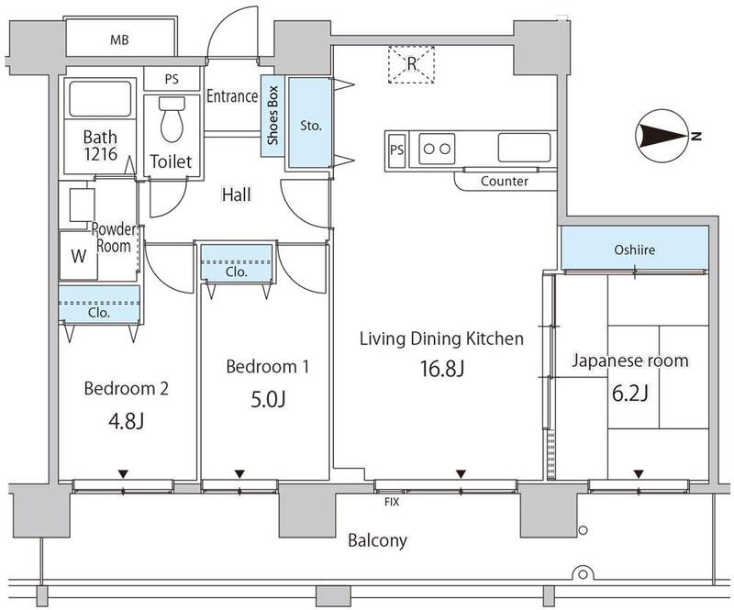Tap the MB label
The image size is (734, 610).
click(118, 39)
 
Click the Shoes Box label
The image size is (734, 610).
click(272, 117)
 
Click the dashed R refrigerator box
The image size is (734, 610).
click(412, 63)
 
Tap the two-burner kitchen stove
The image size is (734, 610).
click(437, 147)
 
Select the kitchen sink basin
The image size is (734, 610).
click(524, 146)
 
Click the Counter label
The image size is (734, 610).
click(505, 182)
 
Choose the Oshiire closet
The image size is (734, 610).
click(634, 249)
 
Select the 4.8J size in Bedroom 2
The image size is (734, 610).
click(126, 422)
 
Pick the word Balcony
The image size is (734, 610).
click(377, 540)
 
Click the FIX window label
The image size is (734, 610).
click(391, 503)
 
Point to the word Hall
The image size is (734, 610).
click(237, 194)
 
